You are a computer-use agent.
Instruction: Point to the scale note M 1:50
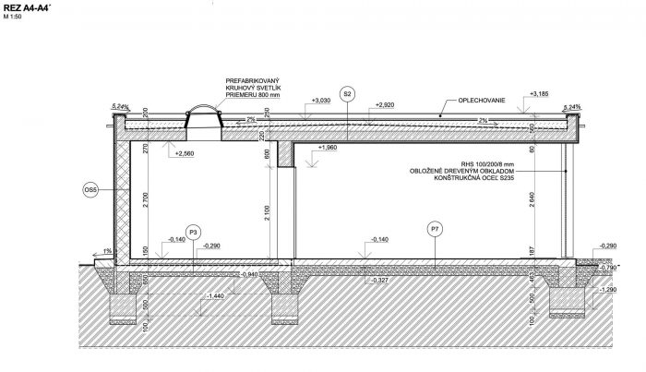[16, 18]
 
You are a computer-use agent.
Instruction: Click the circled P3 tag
[193, 231]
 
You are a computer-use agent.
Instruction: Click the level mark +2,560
[185, 153]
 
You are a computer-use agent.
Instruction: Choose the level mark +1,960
[328, 147]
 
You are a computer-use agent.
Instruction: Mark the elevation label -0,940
[248, 274]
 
